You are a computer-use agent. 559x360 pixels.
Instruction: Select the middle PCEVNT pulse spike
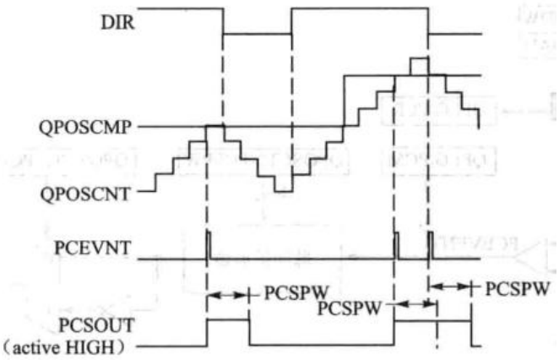pos(395,246)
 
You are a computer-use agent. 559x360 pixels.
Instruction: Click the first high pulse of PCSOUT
pos(228,320)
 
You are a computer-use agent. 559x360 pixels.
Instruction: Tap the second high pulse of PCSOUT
pos(431,320)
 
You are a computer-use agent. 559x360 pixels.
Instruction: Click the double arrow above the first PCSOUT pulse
pos(228,295)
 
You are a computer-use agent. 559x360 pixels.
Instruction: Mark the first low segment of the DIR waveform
pos(257,35)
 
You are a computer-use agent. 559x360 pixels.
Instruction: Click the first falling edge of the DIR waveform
pos(223,21)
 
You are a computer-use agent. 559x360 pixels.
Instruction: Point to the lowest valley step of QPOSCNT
pos(283,191)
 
